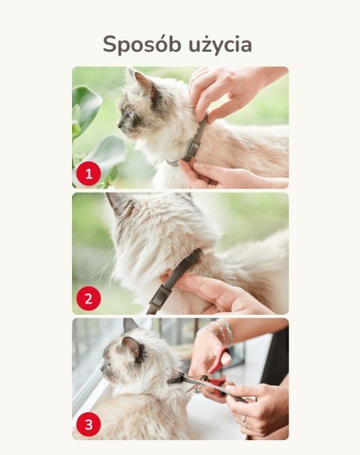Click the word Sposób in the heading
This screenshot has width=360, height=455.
pos(142,44)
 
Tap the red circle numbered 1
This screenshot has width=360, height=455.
pos(88,173)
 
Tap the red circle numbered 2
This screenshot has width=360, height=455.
pos(88,299)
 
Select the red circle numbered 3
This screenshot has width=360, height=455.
pos(88,424)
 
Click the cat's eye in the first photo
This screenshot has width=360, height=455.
pos(130,114)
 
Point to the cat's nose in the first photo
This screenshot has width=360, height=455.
pos(118,124)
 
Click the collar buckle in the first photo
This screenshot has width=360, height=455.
pos(192,148)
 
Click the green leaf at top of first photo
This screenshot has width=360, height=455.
pos(86,104)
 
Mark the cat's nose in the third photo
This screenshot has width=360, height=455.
pos(101,368)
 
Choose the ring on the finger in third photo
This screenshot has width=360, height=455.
pos(244,418)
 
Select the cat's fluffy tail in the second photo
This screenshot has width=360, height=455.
pos(256,261)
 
